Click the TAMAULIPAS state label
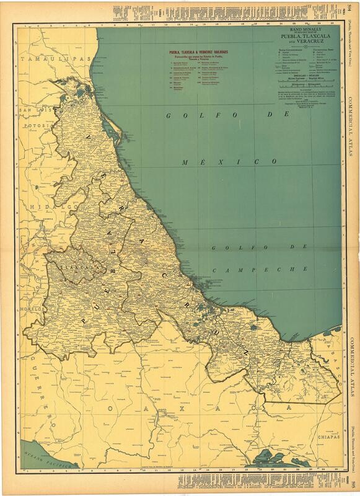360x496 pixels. [x=55, y=59]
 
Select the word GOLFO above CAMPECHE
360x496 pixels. [x=235, y=248]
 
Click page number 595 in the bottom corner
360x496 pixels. [x=353, y=484]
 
